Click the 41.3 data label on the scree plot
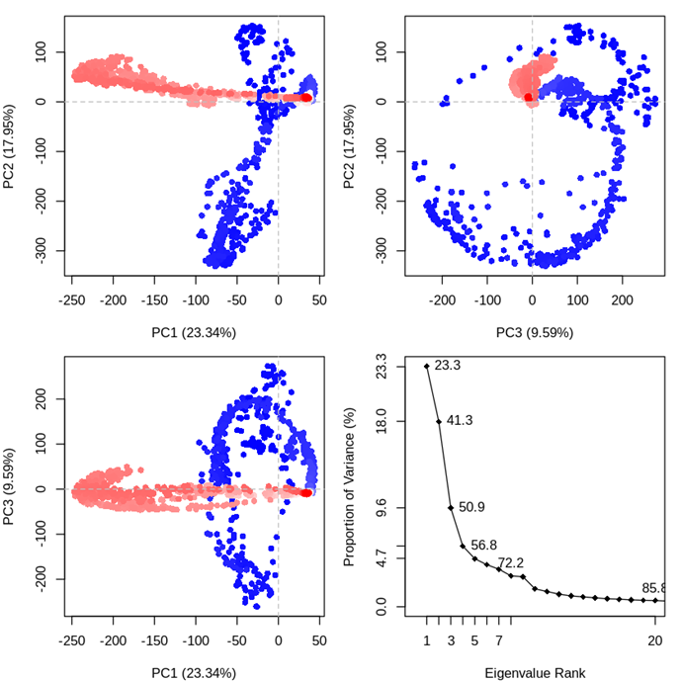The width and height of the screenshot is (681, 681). tap(460, 421)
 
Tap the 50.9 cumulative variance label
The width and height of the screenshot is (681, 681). tap(471, 507)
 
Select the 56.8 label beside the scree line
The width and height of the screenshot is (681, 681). tap(483, 546)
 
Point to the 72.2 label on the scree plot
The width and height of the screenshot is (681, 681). tap(510, 563)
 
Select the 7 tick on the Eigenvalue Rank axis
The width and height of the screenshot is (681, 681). tap(499, 641)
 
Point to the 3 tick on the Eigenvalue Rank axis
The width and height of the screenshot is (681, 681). tap(451, 641)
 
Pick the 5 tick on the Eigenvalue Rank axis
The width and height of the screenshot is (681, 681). tap(475, 641)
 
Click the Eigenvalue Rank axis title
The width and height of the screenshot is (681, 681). tap(535, 673)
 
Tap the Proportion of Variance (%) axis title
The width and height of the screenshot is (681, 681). tap(349, 485)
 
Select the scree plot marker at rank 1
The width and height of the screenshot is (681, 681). tap(427, 366)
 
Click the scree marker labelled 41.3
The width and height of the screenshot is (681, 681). tap(439, 421)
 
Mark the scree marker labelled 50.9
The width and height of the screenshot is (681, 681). tap(451, 507)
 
